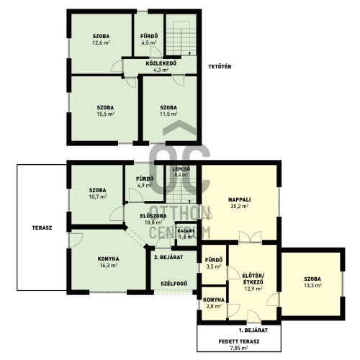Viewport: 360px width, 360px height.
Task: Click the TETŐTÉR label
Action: coord(220,66)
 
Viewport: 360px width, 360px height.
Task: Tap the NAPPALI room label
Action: coord(239,199)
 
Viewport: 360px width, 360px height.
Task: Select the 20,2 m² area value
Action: coord(239,206)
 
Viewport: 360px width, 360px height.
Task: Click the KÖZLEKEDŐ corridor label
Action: coord(161,63)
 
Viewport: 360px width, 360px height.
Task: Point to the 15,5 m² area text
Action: coord(105,114)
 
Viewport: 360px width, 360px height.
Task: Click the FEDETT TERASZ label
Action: coord(239,341)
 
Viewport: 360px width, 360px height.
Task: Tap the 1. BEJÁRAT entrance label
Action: coord(253,330)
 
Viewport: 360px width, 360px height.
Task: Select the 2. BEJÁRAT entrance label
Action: coord(168,257)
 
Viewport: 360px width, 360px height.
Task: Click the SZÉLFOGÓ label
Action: coord(174,284)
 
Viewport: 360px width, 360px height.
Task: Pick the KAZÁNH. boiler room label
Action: coord(186,231)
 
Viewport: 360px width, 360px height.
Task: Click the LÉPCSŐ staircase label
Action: coord(181,169)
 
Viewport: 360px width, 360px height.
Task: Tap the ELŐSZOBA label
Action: coord(153,216)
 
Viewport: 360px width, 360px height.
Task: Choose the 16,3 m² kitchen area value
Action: coord(108,266)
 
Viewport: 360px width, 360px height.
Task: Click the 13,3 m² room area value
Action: coord(312,285)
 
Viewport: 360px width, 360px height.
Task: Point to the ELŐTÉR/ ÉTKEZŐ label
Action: coord(253,279)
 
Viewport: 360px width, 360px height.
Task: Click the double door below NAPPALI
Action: coord(250,237)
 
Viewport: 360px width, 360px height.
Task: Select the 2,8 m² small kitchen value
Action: coord(214,306)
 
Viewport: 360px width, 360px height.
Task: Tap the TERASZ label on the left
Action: coord(42,228)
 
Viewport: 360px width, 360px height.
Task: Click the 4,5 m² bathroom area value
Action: coord(149,42)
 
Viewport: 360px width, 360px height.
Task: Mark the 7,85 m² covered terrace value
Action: coord(239,348)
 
